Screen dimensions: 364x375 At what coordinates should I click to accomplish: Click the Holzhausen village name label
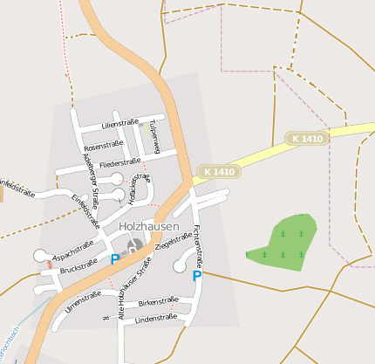click(x=148, y=227)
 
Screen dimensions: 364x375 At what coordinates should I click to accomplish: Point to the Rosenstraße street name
click(x=103, y=146)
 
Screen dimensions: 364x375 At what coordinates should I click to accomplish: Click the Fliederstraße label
click(x=120, y=162)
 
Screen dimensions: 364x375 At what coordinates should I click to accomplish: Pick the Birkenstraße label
click(x=158, y=301)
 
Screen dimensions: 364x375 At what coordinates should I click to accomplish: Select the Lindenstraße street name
click(x=157, y=319)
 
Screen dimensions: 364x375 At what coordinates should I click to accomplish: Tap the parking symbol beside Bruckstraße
click(x=114, y=259)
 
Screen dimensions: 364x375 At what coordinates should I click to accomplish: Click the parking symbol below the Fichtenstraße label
click(x=196, y=276)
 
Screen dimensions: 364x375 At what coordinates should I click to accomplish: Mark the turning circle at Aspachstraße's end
click(x=39, y=255)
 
